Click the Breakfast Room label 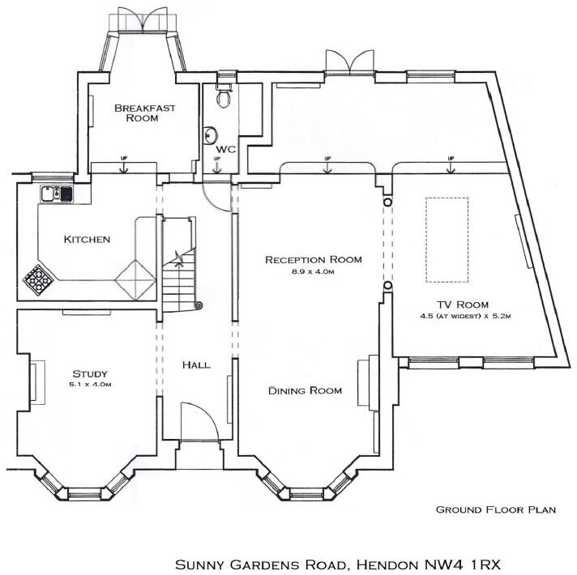point(135,112)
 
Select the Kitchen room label point(87,239)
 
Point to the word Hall point(195,365)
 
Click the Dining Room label point(305,390)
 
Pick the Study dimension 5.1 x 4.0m point(91,384)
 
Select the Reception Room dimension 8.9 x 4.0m point(313,272)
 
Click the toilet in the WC point(223,97)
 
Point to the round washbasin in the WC point(211,135)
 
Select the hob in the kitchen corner point(37,278)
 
